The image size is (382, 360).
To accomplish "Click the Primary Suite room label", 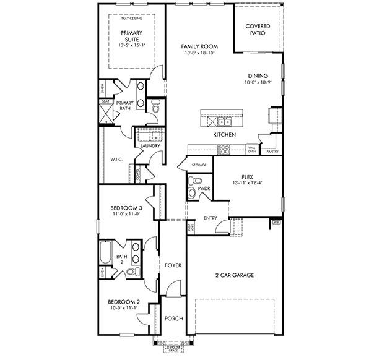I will (131, 35).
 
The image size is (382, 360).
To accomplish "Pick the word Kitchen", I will (224, 134).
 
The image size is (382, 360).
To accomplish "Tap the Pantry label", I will (271, 151).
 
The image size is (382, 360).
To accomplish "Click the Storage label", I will (199, 165).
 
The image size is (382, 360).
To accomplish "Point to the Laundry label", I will (150, 146).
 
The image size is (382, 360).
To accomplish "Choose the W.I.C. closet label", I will (117, 159).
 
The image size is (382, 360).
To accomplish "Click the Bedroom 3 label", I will (126, 208).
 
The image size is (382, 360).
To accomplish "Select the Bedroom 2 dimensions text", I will (125, 307).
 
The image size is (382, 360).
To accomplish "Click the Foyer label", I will (173, 265).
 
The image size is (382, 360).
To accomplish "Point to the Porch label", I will (173, 319).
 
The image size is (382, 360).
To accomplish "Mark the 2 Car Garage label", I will (235, 275).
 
